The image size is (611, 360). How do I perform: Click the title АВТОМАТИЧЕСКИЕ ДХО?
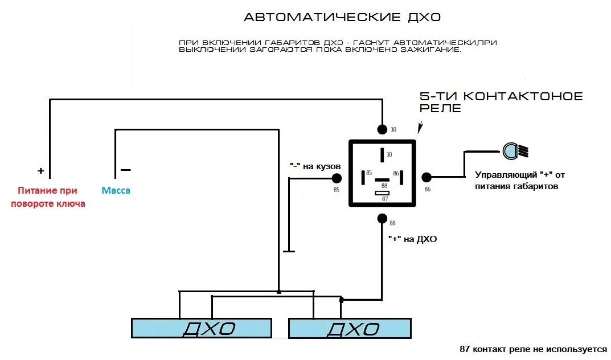click(x=342, y=17)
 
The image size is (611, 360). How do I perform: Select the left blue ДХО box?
click(x=202, y=328)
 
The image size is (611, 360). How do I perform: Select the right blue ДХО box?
click(x=350, y=329)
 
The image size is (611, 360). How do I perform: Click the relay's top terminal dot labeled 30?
click(x=382, y=129)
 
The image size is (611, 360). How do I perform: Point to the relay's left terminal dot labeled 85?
click(x=337, y=178)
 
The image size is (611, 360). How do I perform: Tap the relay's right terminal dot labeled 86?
click(x=427, y=178)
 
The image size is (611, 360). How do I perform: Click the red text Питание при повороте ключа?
click(x=48, y=197)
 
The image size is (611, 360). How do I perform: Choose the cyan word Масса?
click(x=116, y=191)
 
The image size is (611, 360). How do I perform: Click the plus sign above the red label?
click(x=40, y=171)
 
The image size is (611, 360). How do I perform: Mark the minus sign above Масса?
click(x=125, y=170)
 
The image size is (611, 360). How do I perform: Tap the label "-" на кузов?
click(x=315, y=165)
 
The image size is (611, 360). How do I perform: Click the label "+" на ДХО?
click(x=412, y=239)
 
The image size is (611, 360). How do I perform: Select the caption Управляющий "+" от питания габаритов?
click(x=519, y=181)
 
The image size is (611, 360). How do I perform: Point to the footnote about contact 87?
click(x=533, y=349)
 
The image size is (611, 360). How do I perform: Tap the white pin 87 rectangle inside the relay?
click(x=382, y=193)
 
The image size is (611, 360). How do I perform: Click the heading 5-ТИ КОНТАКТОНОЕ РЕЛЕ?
click(x=501, y=102)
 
